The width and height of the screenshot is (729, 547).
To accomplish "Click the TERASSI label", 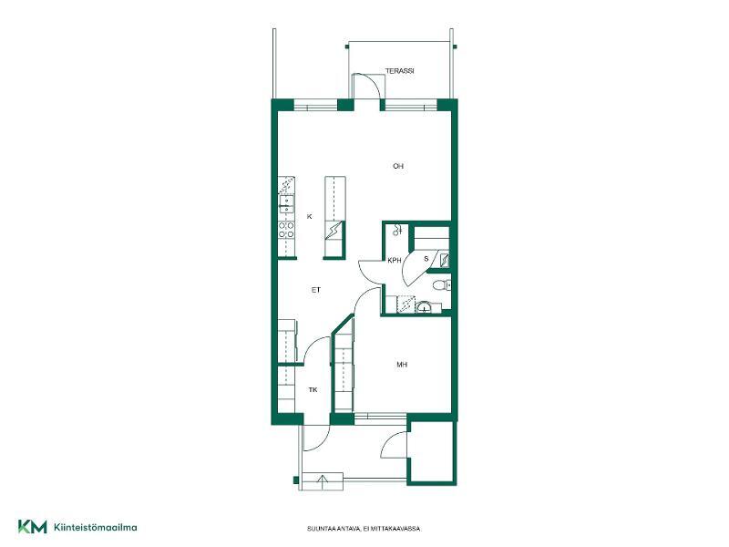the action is pos(399,71).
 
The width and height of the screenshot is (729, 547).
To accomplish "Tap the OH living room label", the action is pos(398,166).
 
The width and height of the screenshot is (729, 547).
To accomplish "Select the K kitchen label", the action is pos(310,216).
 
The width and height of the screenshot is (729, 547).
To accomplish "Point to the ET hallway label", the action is pos(316,290).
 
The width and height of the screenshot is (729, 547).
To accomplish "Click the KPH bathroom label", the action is pos(395,261).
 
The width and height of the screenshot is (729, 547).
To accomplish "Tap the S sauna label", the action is pos(426,259).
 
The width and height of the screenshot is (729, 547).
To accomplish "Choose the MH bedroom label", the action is pos(402,365).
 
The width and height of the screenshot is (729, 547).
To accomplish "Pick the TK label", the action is pos(313,390).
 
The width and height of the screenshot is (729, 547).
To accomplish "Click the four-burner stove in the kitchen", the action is pos(286,230).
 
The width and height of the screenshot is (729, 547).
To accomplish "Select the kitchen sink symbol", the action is pos(286,204).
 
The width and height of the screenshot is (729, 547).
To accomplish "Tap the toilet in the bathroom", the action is pos(442,284).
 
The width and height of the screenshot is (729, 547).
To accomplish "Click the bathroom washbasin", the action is pos(424,307).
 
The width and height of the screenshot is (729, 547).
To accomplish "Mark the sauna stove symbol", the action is pos(445,260).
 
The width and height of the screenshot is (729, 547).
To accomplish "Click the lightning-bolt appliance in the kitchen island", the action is pos(334,231).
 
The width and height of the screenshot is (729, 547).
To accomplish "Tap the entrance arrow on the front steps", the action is pos(323,480).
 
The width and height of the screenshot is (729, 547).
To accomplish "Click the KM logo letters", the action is pos(33,527).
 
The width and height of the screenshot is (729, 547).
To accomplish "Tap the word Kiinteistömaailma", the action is pos(96,528).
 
